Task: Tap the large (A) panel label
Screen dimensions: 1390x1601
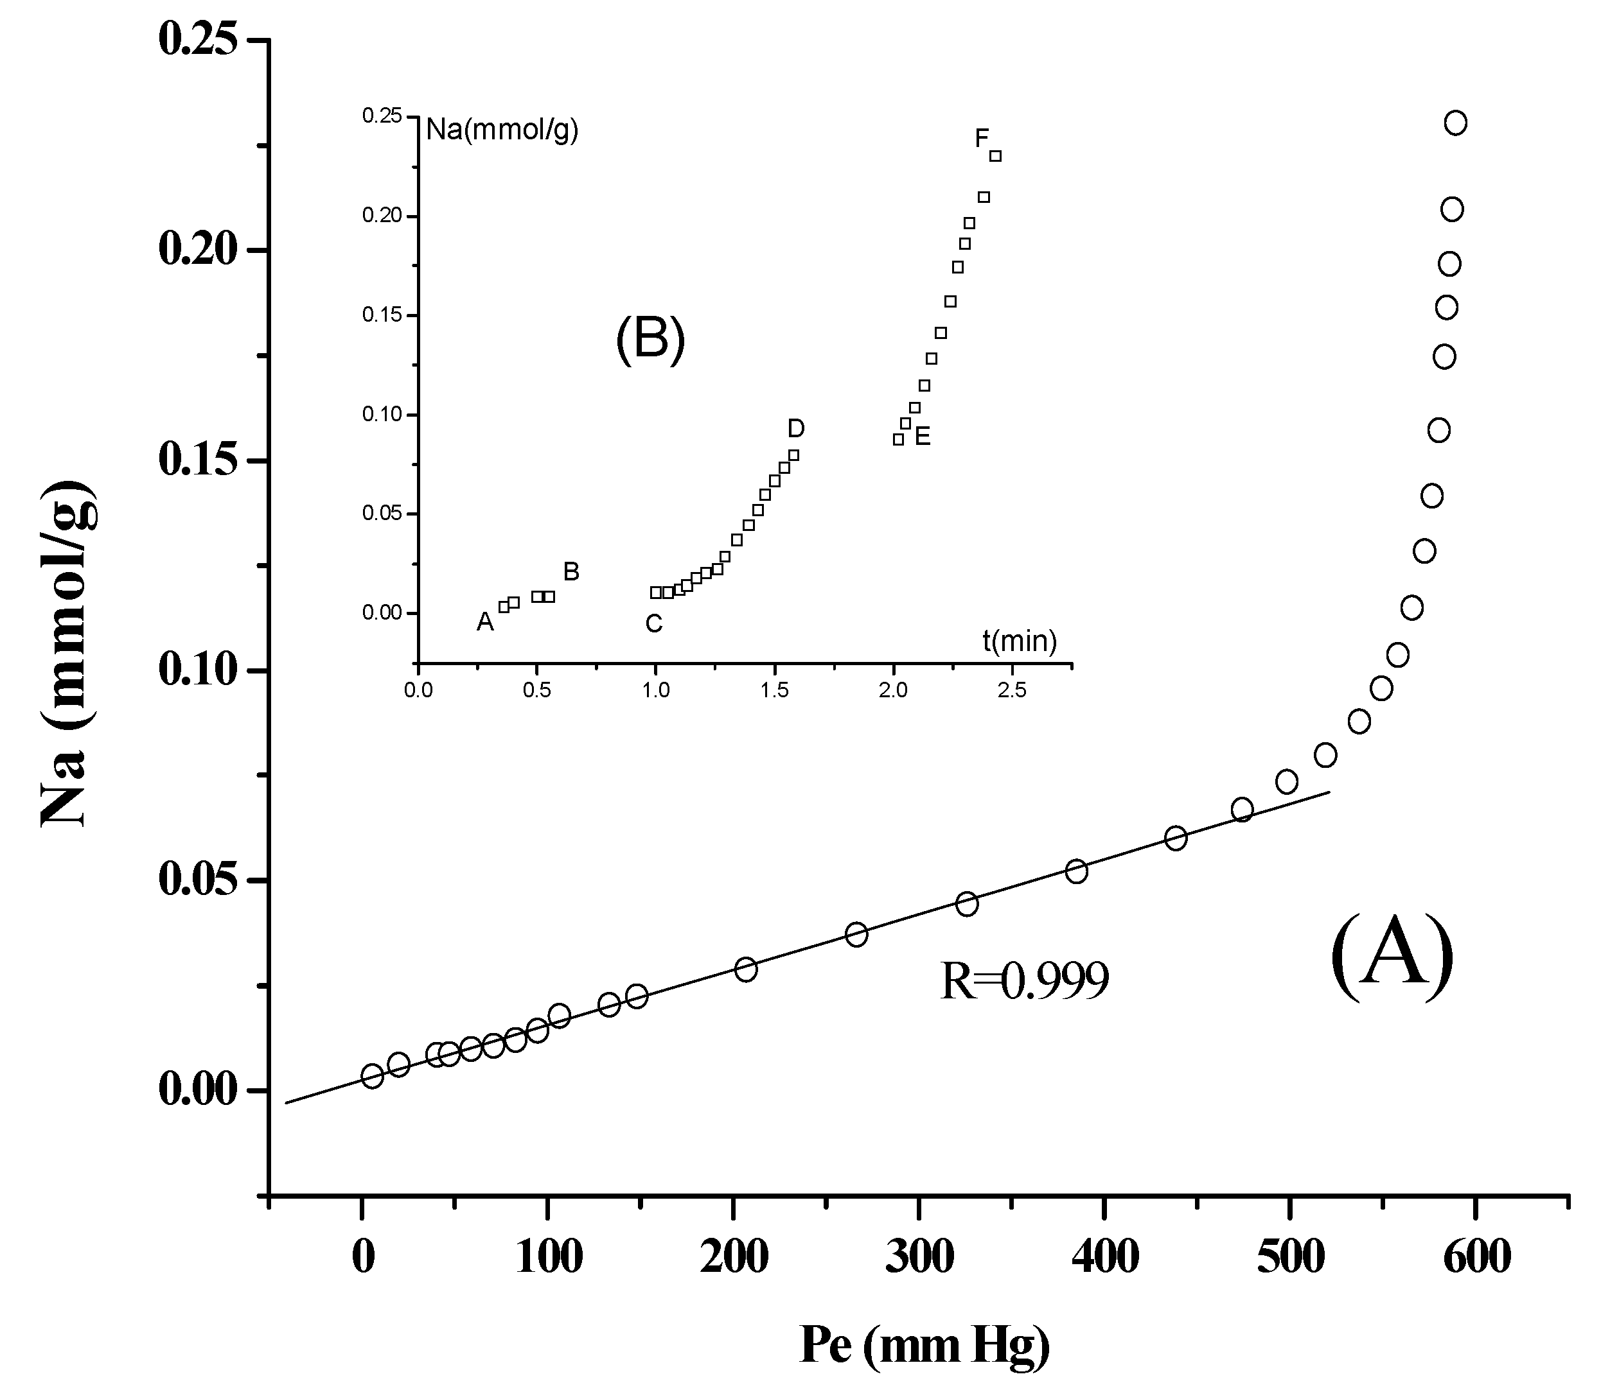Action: coord(1392,957)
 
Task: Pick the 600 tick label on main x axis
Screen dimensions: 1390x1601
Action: coord(1476,1257)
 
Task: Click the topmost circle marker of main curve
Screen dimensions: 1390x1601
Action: coord(1455,123)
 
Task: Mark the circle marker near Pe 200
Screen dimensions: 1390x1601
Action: coord(746,969)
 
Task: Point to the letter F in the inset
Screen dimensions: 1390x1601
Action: coord(982,139)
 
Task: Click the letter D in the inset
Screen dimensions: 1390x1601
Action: coord(796,428)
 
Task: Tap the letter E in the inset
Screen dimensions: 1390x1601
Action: coord(922,437)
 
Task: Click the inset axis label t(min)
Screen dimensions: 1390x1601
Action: coord(1019,641)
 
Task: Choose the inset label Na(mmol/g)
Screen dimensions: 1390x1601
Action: coord(502,130)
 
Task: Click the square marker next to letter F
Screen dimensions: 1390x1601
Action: coord(996,156)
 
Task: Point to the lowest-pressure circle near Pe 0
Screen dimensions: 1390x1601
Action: coord(373,1076)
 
